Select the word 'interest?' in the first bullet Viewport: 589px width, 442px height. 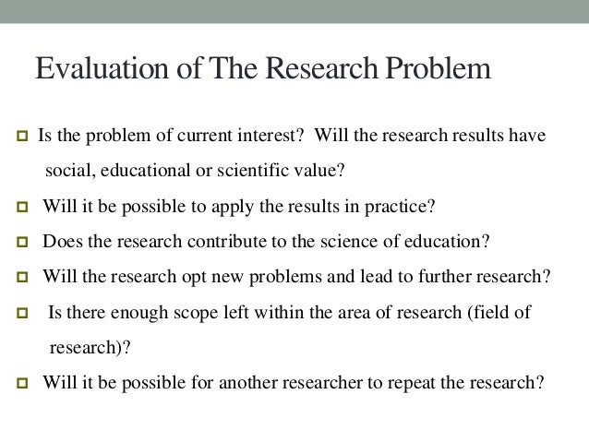[x=271, y=137]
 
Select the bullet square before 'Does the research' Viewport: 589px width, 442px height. [x=16, y=243]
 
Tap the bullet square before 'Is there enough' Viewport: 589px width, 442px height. [x=16, y=313]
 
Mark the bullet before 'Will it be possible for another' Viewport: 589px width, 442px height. [x=16, y=382]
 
